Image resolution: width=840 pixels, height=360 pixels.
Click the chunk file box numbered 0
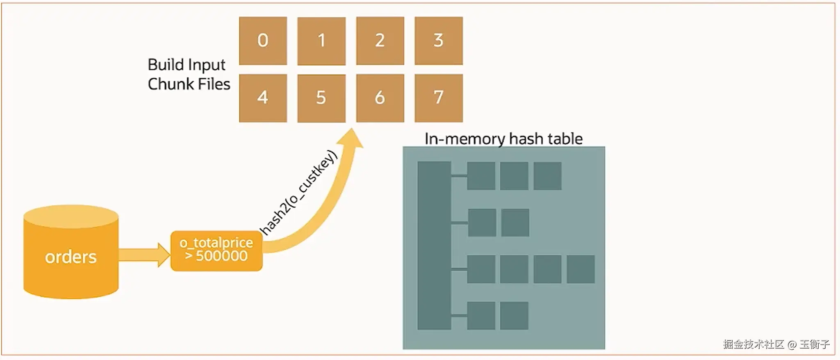coord(263,41)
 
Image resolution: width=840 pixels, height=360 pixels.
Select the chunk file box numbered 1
coord(321,41)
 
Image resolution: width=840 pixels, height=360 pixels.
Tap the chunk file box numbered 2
coord(380,41)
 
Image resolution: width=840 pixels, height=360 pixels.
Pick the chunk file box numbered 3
coord(438,41)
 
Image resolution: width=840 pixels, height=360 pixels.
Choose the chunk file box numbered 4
coord(263,98)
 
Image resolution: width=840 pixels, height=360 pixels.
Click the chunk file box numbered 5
coord(321,98)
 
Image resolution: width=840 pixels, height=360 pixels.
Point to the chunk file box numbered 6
coord(380,98)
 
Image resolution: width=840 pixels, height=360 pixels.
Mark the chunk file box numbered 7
coord(438,98)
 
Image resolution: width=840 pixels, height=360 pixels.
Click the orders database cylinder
coord(71,254)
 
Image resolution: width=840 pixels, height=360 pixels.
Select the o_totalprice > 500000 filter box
coord(216,251)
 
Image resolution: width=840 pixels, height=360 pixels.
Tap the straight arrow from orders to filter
coord(143,255)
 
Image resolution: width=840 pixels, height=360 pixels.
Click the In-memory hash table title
coord(503,139)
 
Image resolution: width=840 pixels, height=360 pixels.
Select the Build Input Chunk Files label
coord(189,74)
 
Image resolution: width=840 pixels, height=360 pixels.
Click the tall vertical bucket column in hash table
coord(434,245)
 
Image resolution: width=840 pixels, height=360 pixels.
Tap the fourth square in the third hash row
coord(580,269)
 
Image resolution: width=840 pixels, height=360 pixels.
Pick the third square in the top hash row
coord(547,175)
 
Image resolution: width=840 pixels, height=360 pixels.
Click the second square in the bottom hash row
coord(514,316)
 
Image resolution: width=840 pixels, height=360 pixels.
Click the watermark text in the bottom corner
coord(776,344)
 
